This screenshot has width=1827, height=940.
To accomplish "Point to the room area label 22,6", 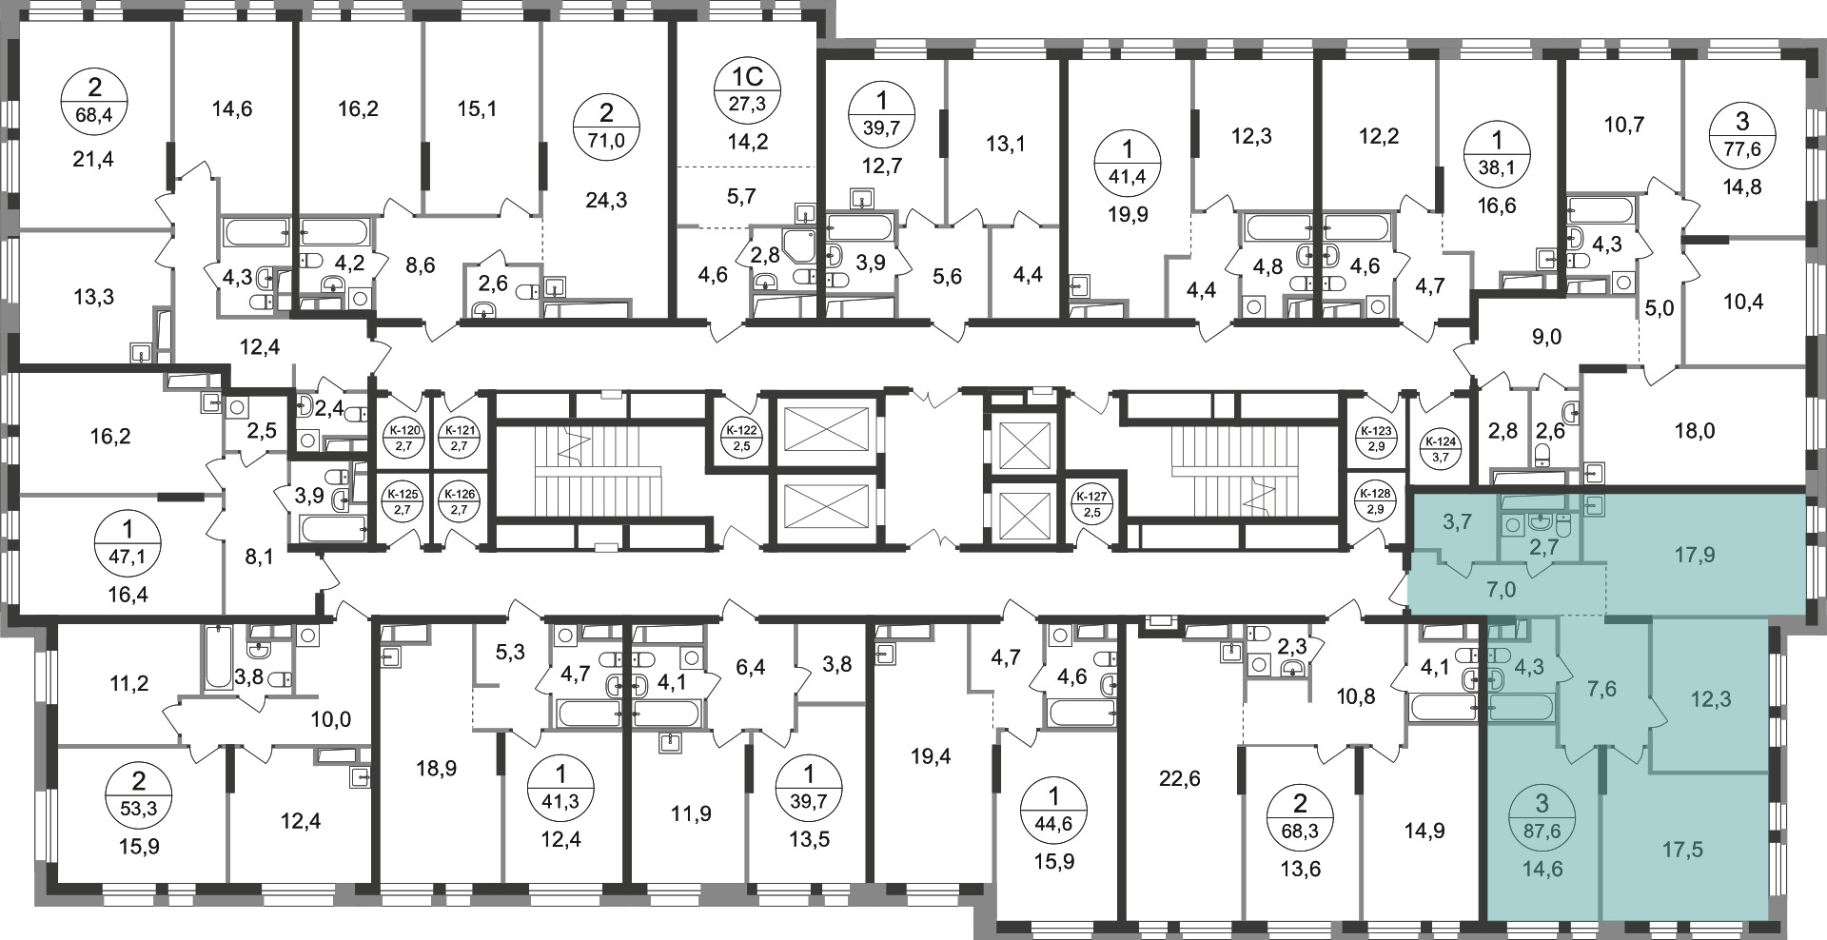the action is point(1180,780).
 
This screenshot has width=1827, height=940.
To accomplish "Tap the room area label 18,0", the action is point(1695,431).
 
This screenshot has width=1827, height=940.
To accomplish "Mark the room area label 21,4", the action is point(93,160).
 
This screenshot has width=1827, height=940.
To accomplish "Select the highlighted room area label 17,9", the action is point(1695,555).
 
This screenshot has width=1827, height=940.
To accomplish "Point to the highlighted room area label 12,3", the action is point(1710,699).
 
